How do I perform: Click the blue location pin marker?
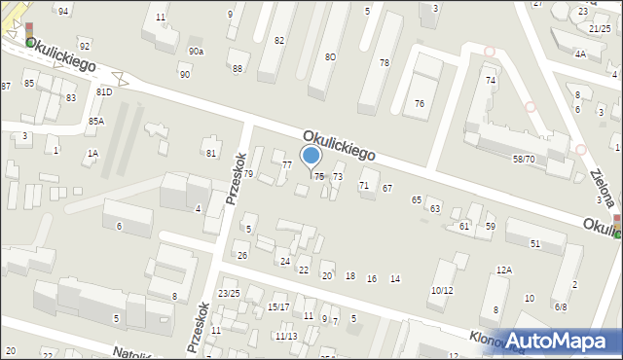pyautogui.click(x=311, y=156)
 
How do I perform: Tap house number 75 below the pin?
pyautogui.click(x=319, y=176)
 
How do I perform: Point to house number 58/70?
pyautogui.click(x=524, y=159)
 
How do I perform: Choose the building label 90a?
pyautogui.click(x=197, y=51)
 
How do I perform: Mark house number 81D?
pyautogui.click(x=104, y=91)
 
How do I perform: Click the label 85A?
pyautogui.click(x=95, y=121)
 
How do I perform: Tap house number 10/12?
pyautogui.click(x=442, y=290)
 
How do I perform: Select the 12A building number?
pyautogui.click(x=503, y=270)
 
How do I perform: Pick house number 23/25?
pyautogui.click(x=229, y=293)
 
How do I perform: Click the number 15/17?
pyautogui.click(x=278, y=306)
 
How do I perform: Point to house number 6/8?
pyautogui.click(x=561, y=306)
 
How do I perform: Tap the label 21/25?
pyautogui.click(x=600, y=29)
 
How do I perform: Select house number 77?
pyautogui.click(x=286, y=164)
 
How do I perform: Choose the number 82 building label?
pyautogui.click(x=279, y=40)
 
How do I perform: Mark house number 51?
pyautogui.click(x=535, y=243)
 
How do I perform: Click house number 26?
pyautogui.click(x=242, y=255)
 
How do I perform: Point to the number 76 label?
pyautogui.click(x=420, y=103)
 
